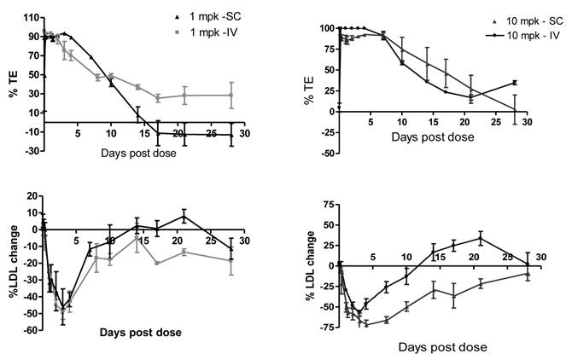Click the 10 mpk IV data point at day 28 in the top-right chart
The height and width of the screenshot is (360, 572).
515,82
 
